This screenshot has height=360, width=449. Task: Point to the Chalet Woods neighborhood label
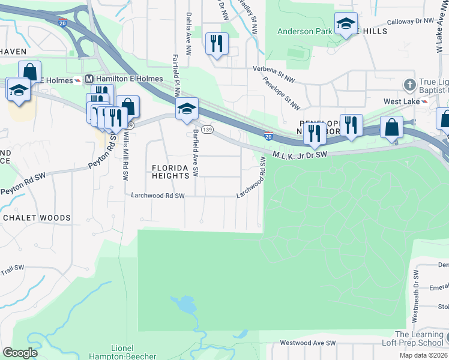coord(37,218)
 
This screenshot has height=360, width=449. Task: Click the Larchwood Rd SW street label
coord(162,196)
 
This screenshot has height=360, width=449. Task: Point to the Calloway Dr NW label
coord(411,21)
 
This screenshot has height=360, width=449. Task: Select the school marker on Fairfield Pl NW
coord(187,108)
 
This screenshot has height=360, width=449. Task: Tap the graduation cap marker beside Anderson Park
coord(346,23)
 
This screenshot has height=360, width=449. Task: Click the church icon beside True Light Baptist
coord(410,83)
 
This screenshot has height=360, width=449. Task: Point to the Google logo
coord(20,353)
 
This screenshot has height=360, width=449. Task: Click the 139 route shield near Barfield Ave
coord(207,129)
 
